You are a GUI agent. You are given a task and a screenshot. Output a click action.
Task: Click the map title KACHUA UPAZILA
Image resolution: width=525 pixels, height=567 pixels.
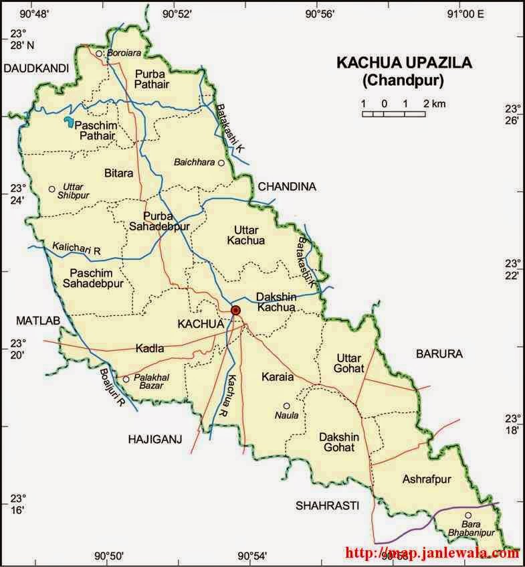(404, 63)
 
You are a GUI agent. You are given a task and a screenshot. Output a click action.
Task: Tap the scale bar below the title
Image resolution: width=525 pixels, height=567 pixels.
(394, 114)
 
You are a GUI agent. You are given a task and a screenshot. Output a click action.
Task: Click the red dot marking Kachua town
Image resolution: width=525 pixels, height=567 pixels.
(235, 310)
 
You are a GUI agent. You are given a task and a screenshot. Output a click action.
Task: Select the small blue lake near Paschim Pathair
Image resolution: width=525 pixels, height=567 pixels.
(68, 122)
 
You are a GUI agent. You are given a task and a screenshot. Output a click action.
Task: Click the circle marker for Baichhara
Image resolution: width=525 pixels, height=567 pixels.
(221, 163)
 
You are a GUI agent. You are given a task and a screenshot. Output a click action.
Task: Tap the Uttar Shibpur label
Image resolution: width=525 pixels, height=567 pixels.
(75, 190)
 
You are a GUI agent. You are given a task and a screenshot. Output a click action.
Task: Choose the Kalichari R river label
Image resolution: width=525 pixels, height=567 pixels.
(76, 249)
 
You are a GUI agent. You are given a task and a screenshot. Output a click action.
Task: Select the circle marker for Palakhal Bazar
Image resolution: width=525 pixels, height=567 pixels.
(126, 379)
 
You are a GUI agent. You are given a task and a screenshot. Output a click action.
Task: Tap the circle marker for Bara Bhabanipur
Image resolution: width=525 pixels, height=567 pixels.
(468, 515)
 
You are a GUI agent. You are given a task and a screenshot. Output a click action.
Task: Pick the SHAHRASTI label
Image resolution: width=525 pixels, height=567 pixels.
(328, 505)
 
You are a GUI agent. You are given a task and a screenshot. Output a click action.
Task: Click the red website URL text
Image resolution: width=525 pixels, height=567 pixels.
(432, 553)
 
